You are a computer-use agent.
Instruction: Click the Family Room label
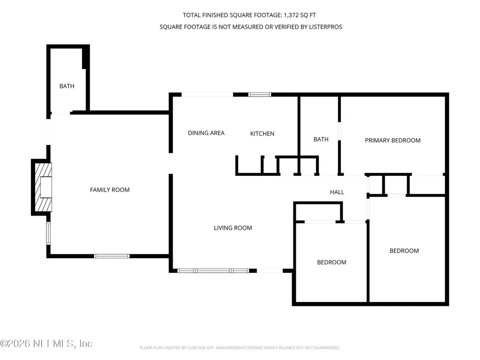click(110, 190)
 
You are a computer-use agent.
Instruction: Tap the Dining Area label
click(206, 133)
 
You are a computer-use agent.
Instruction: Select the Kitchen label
click(262, 134)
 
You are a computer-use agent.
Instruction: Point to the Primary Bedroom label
click(393, 140)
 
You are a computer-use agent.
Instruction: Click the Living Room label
click(232, 228)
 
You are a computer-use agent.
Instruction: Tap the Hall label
click(337, 192)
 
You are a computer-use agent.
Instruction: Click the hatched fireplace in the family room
click(43, 187)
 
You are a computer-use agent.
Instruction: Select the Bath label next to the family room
click(67, 86)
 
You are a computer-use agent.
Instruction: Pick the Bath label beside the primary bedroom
click(321, 139)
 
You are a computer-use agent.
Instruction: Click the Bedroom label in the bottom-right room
click(404, 251)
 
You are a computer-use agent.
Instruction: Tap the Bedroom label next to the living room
click(331, 262)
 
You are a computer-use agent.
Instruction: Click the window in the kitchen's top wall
click(259, 95)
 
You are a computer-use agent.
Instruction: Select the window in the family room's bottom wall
click(112, 256)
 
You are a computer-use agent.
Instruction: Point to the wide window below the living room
click(213, 270)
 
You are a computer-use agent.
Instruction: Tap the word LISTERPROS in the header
click(325, 27)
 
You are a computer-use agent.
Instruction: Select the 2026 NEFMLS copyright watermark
click(46, 344)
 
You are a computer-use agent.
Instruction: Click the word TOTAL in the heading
click(192, 15)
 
